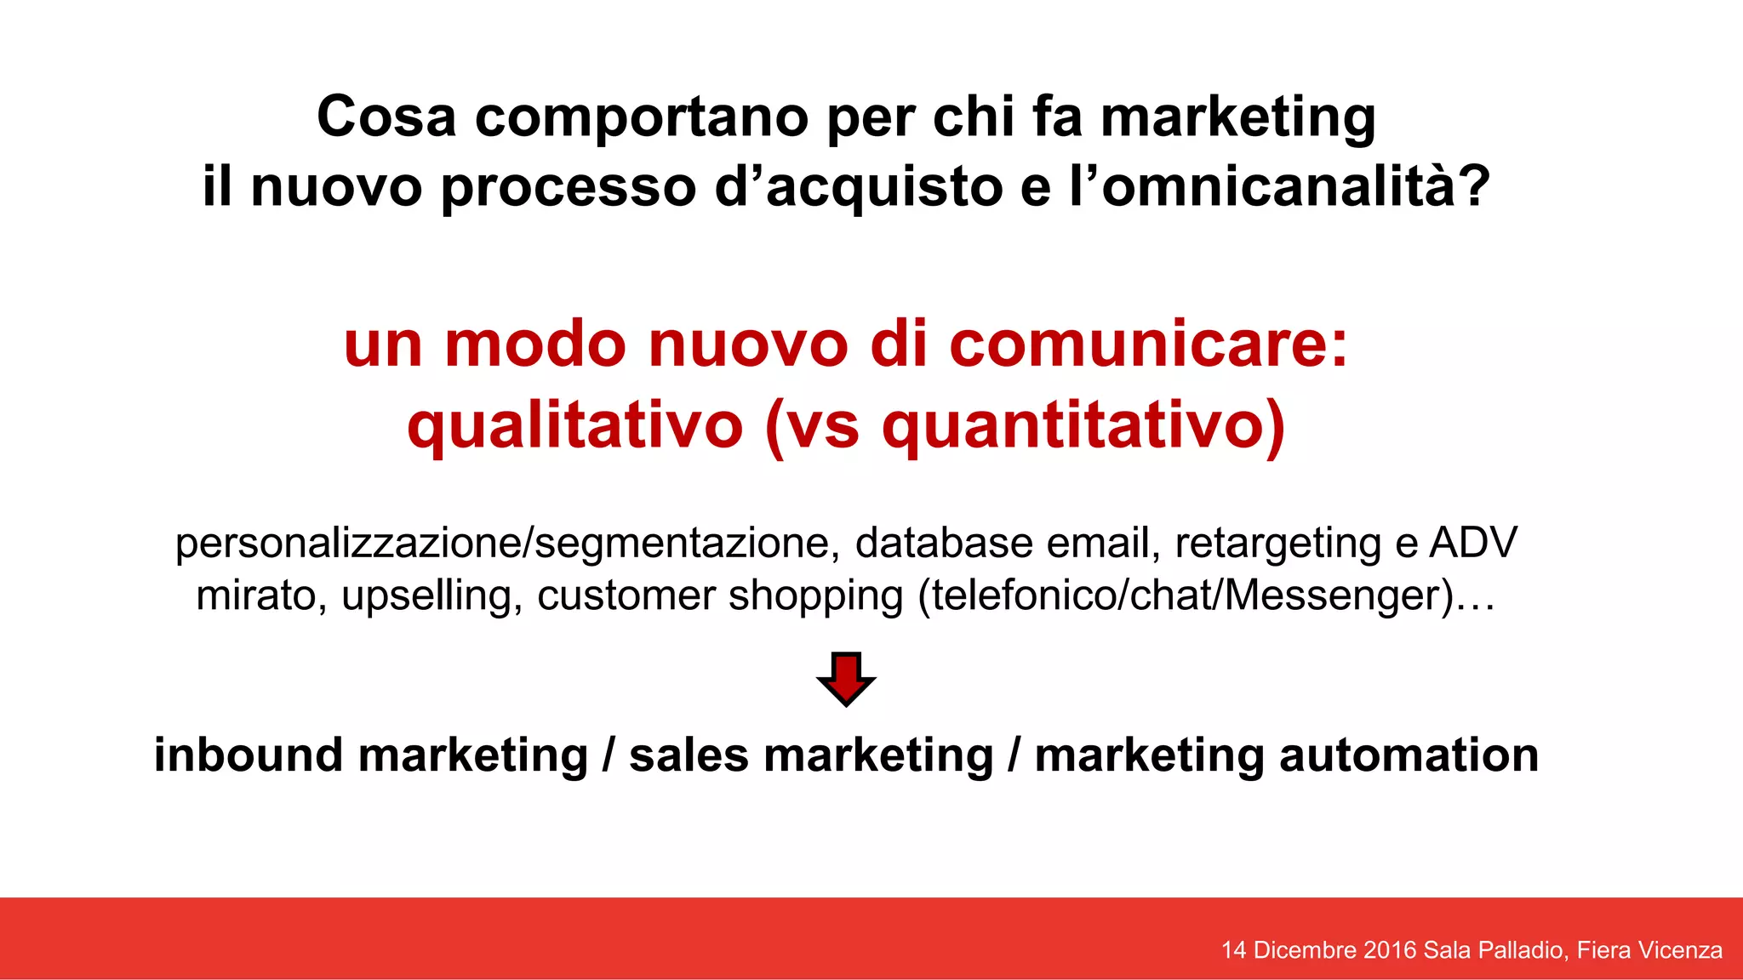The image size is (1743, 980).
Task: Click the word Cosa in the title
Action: click(386, 117)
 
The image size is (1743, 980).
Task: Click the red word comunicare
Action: click(1148, 345)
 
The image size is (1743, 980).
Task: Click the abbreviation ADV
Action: click(1473, 543)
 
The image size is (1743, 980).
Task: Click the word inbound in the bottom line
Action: click(249, 755)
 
